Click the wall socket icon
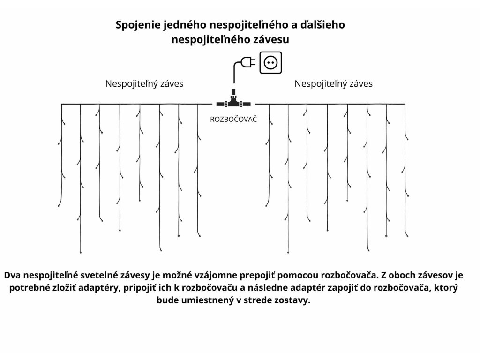[x=271, y=62]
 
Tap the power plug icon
[x=247, y=62]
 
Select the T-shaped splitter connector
[x=233, y=101]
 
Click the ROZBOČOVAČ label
[x=233, y=120]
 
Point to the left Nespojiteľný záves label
[x=144, y=84]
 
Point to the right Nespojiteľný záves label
[x=333, y=84]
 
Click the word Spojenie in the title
[x=138, y=25]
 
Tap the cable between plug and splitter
[x=234, y=75]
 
